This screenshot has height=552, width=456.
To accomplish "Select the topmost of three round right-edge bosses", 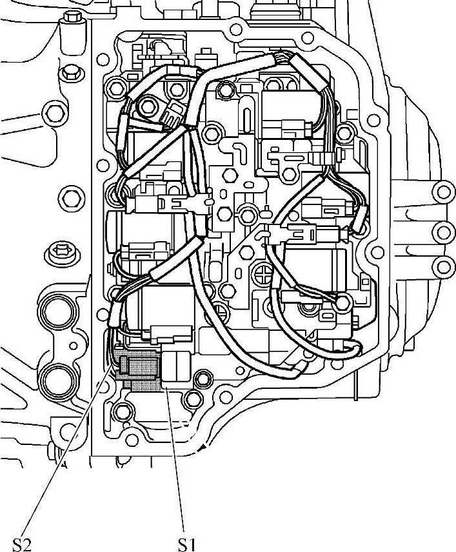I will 442,191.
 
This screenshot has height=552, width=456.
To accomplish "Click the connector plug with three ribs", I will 171,115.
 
